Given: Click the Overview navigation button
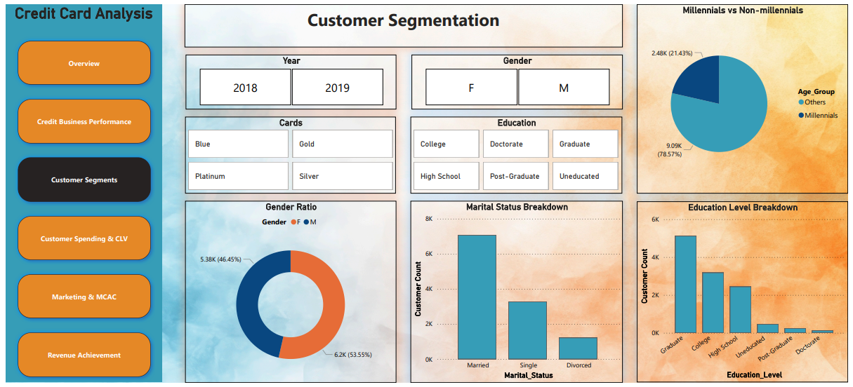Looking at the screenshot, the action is pos(84,63).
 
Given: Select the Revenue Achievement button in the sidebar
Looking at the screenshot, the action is pos(84,355).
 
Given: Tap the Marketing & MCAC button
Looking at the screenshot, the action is pos(84,297).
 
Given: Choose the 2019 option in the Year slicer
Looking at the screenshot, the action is pos(338,87).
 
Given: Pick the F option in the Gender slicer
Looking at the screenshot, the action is pos(471,87).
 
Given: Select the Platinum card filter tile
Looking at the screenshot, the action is pos(238,176).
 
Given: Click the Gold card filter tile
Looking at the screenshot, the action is pos(343,144).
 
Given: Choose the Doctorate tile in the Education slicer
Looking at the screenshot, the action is pos(515,144).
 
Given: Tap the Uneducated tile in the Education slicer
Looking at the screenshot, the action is pos(586,176).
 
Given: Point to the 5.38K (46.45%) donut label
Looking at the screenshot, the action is pos(221,259).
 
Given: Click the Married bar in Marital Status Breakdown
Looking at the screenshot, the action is pos(477,297).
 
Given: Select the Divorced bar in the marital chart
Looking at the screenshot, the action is pos(578,348).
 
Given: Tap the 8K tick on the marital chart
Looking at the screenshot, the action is pos(429,219).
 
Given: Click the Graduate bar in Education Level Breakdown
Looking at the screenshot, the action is pos(685,285).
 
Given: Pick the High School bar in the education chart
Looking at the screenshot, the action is pos(740,310).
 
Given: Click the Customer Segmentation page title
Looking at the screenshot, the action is pos(403,20).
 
